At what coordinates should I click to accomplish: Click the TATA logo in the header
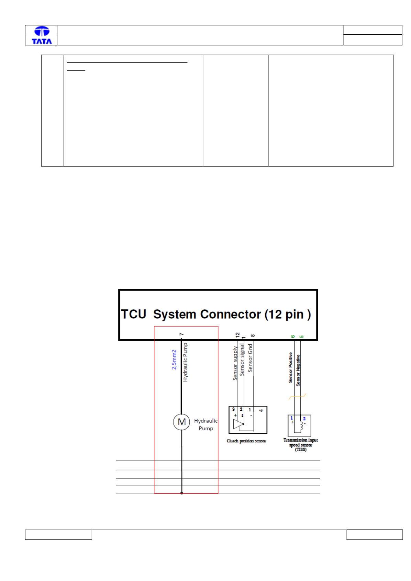click(42, 35)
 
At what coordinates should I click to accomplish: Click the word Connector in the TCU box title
click(231, 314)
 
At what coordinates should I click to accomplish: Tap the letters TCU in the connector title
click(134, 314)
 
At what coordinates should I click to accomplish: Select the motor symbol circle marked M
click(181, 422)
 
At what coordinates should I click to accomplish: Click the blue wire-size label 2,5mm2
click(174, 360)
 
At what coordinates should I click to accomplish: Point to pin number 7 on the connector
click(181, 334)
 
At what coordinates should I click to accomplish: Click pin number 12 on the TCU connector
click(237, 335)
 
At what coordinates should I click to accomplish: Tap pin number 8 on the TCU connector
click(253, 335)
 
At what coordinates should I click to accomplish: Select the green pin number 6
click(292, 337)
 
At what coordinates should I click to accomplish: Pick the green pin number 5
click(301, 337)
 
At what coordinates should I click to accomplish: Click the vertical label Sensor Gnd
click(250, 358)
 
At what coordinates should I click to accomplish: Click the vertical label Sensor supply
click(235, 363)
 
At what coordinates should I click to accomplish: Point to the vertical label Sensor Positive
click(290, 367)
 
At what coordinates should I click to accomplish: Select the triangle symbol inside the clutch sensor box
click(238, 424)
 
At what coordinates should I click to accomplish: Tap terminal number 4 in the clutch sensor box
click(261, 410)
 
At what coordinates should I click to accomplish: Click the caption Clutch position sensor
click(246, 441)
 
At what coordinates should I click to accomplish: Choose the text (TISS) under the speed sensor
click(301, 449)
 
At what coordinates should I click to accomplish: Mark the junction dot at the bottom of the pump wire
click(182, 493)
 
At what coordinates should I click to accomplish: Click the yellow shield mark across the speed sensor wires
click(297, 396)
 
